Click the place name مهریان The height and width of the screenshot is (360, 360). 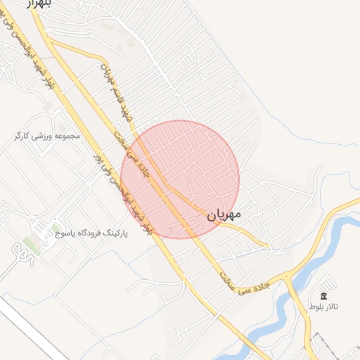tap(224, 214)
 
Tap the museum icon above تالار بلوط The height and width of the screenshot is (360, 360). tap(323, 296)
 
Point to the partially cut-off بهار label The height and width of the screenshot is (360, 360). tap(39, 4)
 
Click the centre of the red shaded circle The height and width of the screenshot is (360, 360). tap(180, 179)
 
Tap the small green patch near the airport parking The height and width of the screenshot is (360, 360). tap(30, 243)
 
